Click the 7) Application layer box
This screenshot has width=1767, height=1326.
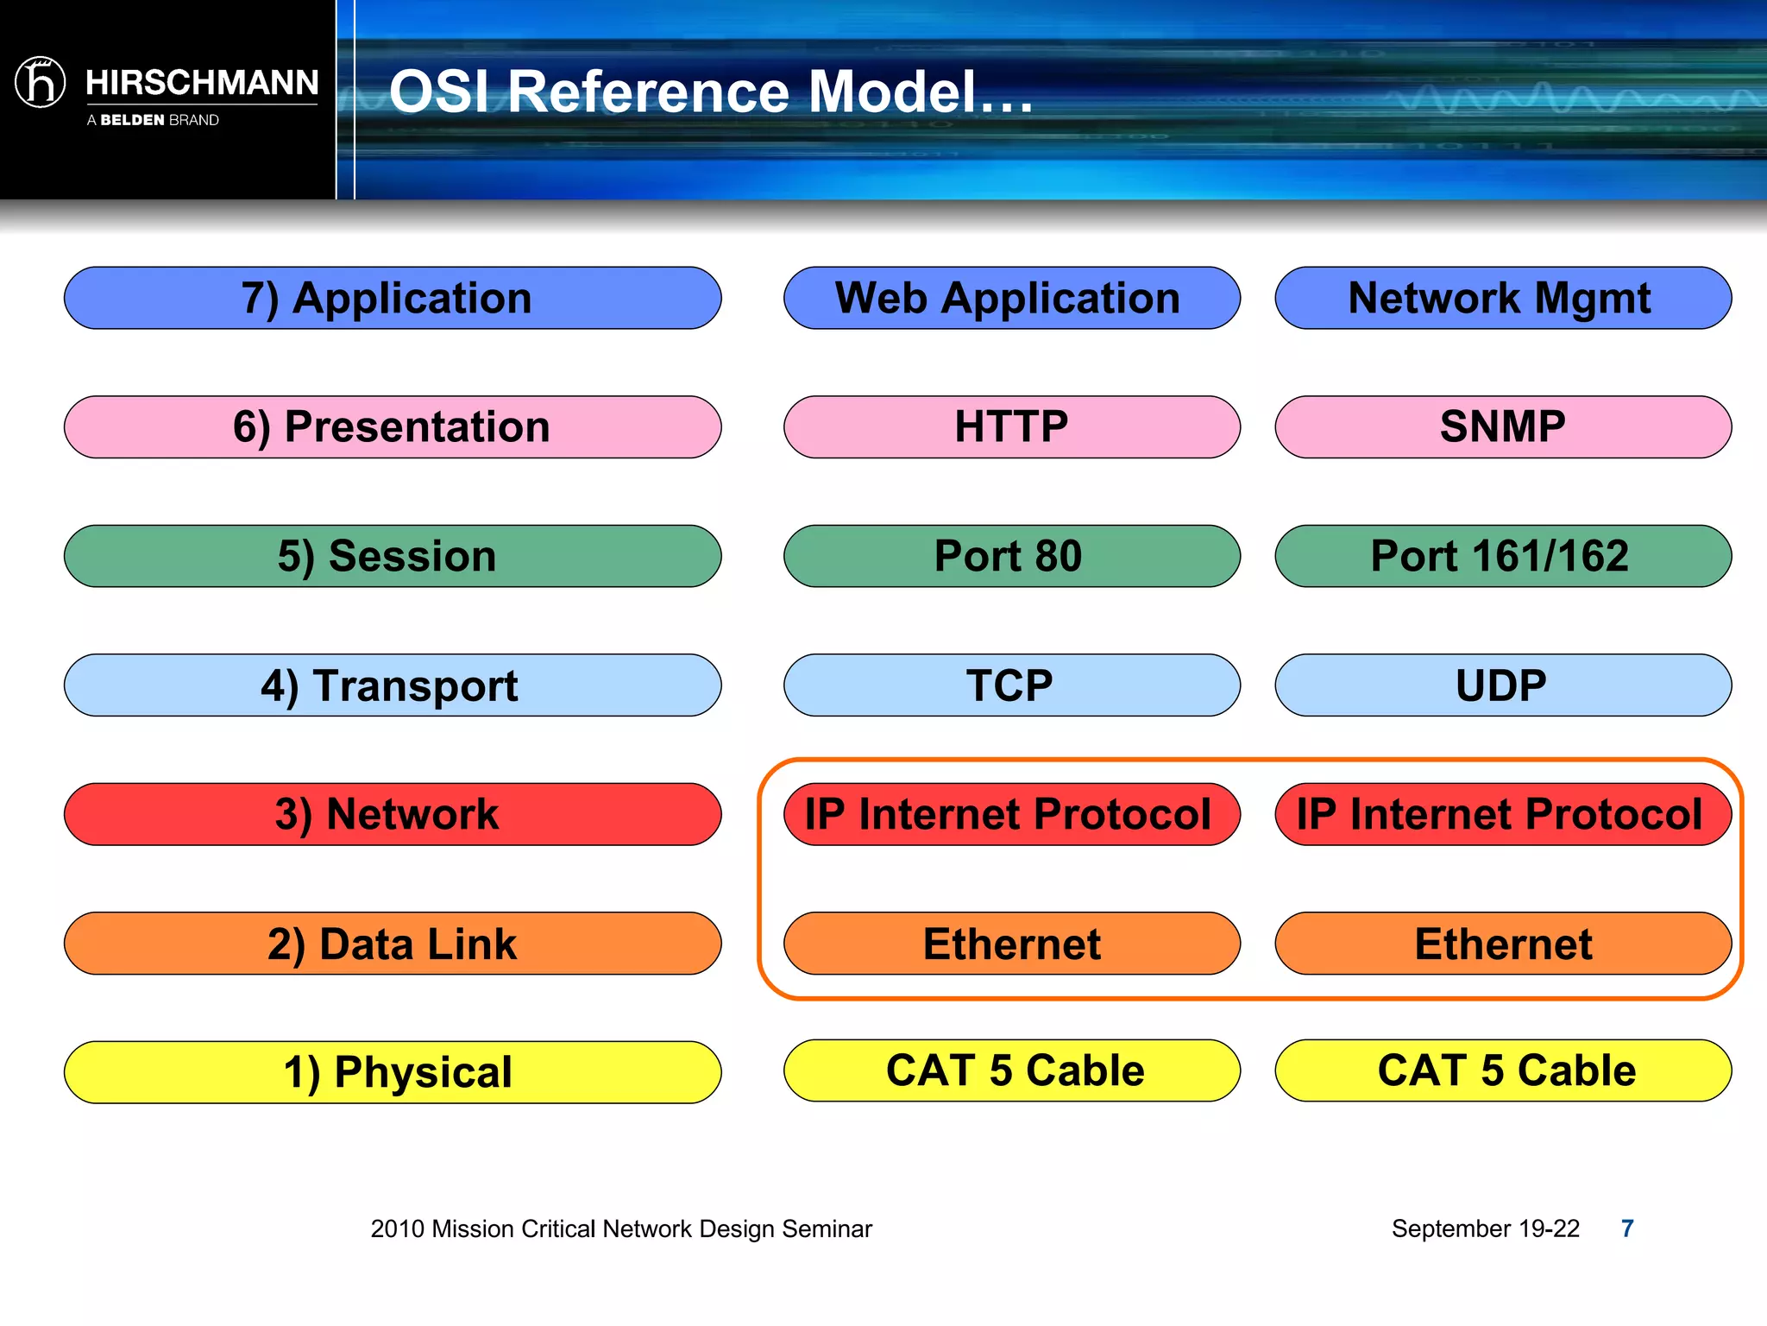(393, 298)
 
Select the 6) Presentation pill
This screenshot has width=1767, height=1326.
(393, 426)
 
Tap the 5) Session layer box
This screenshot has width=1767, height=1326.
(393, 556)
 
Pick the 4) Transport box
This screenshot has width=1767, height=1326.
(393, 685)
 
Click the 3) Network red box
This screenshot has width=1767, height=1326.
(393, 814)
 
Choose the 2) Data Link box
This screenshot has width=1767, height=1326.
(393, 943)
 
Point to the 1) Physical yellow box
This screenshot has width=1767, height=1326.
(393, 1071)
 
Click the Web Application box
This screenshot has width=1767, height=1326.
(1011, 298)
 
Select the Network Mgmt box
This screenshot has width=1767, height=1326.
(1502, 298)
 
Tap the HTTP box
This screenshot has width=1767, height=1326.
(1011, 426)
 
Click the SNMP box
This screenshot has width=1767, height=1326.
(1502, 426)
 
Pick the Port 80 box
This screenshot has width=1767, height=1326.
(1011, 556)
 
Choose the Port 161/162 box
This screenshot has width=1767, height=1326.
(1502, 556)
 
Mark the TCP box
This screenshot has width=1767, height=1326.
(1011, 685)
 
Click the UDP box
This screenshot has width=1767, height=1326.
(1502, 685)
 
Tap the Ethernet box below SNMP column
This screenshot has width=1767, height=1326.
(1502, 943)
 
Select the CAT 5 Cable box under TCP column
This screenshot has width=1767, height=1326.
(1011, 1070)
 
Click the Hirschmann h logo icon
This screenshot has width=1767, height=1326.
(41, 83)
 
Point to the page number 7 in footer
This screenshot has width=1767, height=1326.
(1627, 1228)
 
